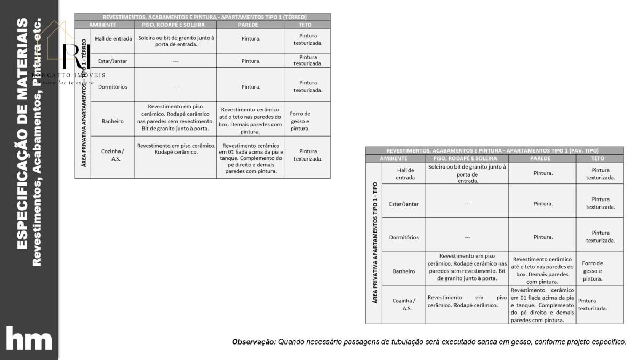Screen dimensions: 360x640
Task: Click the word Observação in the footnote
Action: click(254, 342)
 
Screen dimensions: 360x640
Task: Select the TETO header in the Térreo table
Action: click(305, 25)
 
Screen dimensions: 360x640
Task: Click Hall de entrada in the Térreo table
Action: click(113, 39)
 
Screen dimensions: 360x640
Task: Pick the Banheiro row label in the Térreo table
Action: click(113, 121)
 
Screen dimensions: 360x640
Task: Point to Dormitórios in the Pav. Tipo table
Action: click(404, 237)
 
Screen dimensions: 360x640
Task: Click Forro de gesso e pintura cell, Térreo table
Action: click(300, 121)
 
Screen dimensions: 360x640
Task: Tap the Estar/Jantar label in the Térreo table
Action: click(113, 61)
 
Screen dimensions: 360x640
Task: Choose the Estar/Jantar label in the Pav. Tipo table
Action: click(404, 204)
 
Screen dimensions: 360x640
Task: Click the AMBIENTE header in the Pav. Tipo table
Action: click(395, 158)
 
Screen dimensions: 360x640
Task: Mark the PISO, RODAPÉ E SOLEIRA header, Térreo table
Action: click(175, 25)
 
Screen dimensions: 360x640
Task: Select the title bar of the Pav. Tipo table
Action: click(494, 151)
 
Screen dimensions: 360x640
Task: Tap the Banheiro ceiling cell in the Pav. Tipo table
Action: click(593, 271)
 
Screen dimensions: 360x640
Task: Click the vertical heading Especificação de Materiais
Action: click(22, 133)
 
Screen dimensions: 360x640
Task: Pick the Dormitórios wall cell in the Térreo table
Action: click(250, 87)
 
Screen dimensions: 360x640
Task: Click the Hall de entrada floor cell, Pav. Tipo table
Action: click(467, 174)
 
